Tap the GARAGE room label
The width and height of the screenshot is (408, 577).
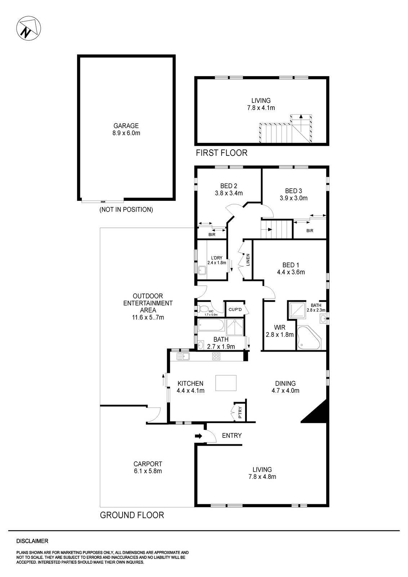tap(126, 126)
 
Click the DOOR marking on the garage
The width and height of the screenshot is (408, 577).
tap(103, 202)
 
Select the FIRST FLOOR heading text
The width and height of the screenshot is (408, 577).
tap(221, 153)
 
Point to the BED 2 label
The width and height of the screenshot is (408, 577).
tap(229, 186)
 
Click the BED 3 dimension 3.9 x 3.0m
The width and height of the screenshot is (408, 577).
tap(293, 198)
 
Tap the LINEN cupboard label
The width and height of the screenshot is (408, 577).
tap(248, 260)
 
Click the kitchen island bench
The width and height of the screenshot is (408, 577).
tap(226, 383)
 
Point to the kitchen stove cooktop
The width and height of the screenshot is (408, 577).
tap(216, 357)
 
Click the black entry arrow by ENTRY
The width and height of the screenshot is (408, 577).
tap(199, 436)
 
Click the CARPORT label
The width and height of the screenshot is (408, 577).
tap(148, 464)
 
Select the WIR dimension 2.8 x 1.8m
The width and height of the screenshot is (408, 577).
tap(280, 335)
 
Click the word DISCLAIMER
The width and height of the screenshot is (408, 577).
tap(32, 541)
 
